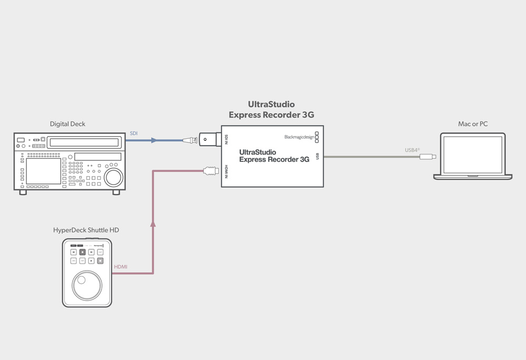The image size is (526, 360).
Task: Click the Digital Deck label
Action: (67, 124)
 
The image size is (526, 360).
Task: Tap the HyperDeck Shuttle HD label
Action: (86, 230)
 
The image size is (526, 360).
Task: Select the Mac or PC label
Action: (473, 124)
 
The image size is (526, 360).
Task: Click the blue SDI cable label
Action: (134, 133)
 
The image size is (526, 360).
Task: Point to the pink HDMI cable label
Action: (121, 267)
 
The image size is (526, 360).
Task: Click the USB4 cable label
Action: (412, 150)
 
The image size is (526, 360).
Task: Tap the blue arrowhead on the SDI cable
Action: (154, 140)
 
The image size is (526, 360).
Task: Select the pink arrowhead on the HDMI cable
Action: (153, 223)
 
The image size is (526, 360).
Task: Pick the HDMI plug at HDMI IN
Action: (211, 171)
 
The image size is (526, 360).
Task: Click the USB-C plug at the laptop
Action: (428, 157)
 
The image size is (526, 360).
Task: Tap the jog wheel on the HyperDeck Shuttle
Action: (87, 285)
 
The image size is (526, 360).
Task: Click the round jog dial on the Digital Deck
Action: (114, 177)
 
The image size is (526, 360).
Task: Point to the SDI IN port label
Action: (226, 139)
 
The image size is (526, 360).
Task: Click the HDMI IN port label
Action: (226, 172)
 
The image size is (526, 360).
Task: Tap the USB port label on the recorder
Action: (317, 156)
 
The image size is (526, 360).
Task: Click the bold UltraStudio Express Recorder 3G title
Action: (271, 110)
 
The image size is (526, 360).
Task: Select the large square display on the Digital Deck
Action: (44, 171)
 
